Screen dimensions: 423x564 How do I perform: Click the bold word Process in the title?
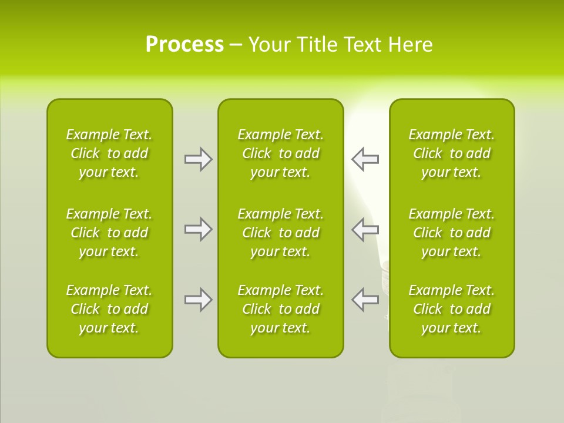pos(184,45)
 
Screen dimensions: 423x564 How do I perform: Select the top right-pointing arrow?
pos(198,159)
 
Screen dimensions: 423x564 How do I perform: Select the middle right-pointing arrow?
pos(198,229)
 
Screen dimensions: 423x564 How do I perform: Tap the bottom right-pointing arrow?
pos(198,300)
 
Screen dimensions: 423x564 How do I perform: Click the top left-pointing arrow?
pos(365,159)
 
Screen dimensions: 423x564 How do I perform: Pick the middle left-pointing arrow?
pos(365,229)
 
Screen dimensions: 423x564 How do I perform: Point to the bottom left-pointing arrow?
pos(365,299)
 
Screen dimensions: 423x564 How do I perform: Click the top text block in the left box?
pos(109,153)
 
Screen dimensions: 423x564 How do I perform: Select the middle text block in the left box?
pos(109,233)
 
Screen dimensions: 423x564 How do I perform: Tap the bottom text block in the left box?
pos(109,309)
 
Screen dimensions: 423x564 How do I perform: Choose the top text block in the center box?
pos(280,153)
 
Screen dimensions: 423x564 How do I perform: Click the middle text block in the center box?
pos(280,233)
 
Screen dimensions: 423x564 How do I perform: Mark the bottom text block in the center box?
pos(280,309)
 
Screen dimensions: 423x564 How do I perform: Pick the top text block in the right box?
pos(452,153)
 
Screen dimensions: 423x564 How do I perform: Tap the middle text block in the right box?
pos(452,233)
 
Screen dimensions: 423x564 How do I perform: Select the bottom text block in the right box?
pos(452,309)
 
